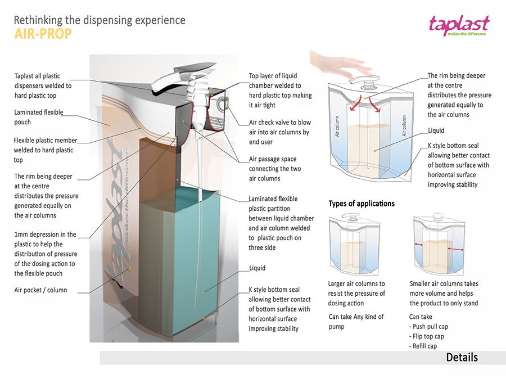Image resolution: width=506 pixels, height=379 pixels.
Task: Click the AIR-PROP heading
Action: pyautogui.click(x=42, y=34)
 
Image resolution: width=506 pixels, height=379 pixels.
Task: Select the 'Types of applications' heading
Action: pyautogui.click(x=362, y=204)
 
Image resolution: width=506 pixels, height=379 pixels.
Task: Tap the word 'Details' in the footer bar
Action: pyautogui.click(x=462, y=358)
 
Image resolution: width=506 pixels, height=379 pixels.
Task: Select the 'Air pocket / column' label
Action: pyautogui.click(x=40, y=290)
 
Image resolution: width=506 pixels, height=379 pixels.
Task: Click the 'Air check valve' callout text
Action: pyautogui.click(x=279, y=132)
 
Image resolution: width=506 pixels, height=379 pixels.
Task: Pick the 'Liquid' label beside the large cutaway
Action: pyautogui.click(x=257, y=268)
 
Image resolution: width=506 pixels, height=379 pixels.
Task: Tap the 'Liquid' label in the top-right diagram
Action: pyautogui.click(x=436, y=130)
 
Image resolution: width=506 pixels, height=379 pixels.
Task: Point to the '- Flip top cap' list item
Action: pyautogui.click(x=427, y=336)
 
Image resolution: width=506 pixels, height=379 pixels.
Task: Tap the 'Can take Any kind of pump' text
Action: pyautogui.click(x=356, y=322)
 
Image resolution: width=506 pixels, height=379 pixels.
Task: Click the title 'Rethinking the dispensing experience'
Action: pyautogui.click(x=99, y=20)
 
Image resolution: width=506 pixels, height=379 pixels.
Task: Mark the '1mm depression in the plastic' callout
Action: pyautogui.click(x=45, y=254)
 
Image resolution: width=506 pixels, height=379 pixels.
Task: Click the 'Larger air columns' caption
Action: pyautogui.click(x=356, y=294)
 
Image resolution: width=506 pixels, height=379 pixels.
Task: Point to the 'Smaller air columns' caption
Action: pyautogui.click(x=444, y=294)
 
